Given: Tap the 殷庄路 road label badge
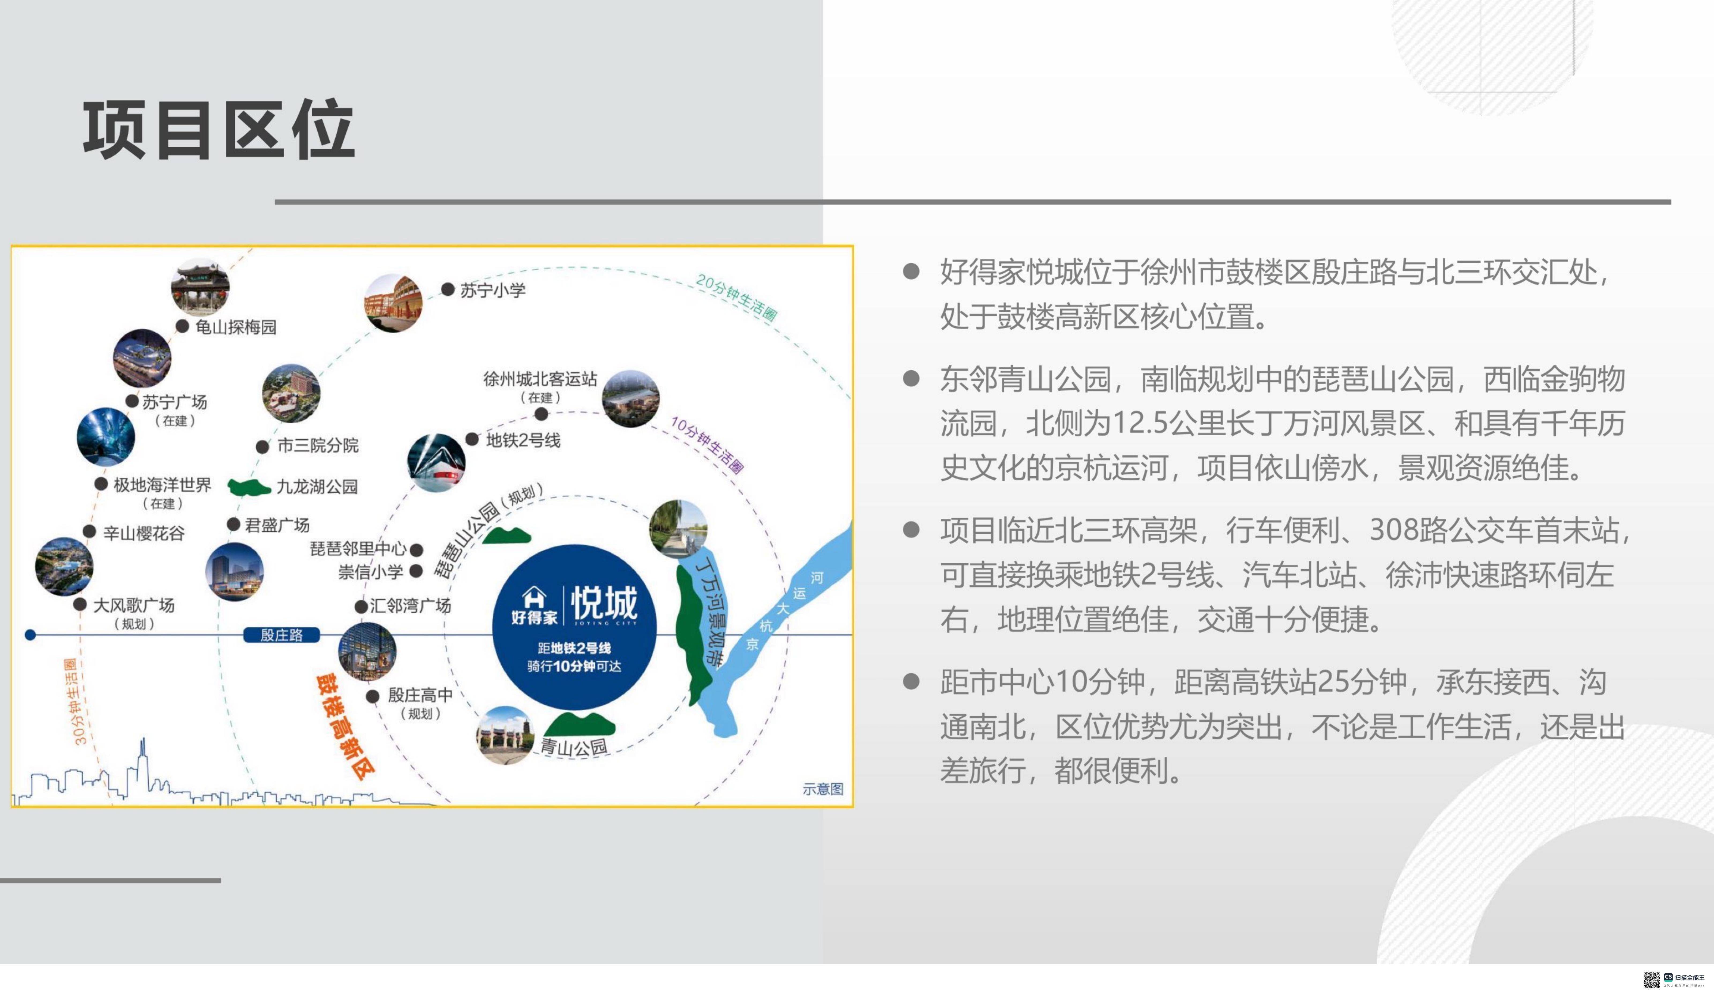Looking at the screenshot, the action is [281, 635].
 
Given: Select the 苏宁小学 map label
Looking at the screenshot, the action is [493, 291].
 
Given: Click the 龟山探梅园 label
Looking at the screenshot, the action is [235, 327].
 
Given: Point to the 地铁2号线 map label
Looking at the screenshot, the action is [523, 440].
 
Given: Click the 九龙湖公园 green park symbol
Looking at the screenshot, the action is [249, 487].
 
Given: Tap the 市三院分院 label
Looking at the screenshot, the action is [318, 446].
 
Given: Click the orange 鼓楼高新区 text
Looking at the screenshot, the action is [345, 726].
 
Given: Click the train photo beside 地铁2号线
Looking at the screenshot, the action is [436, 462].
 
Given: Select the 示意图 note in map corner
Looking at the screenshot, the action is [823, 789].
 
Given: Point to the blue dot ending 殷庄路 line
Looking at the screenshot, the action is [30, 635].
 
